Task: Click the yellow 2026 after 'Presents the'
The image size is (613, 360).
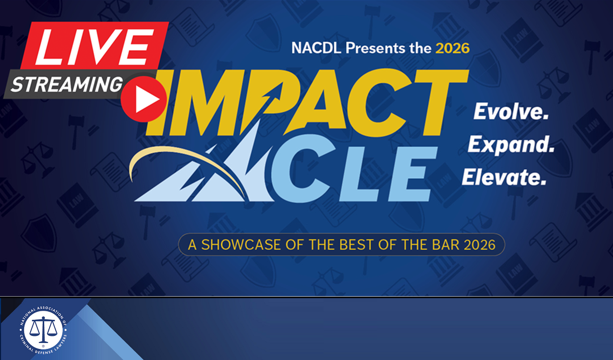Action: (452, 48)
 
